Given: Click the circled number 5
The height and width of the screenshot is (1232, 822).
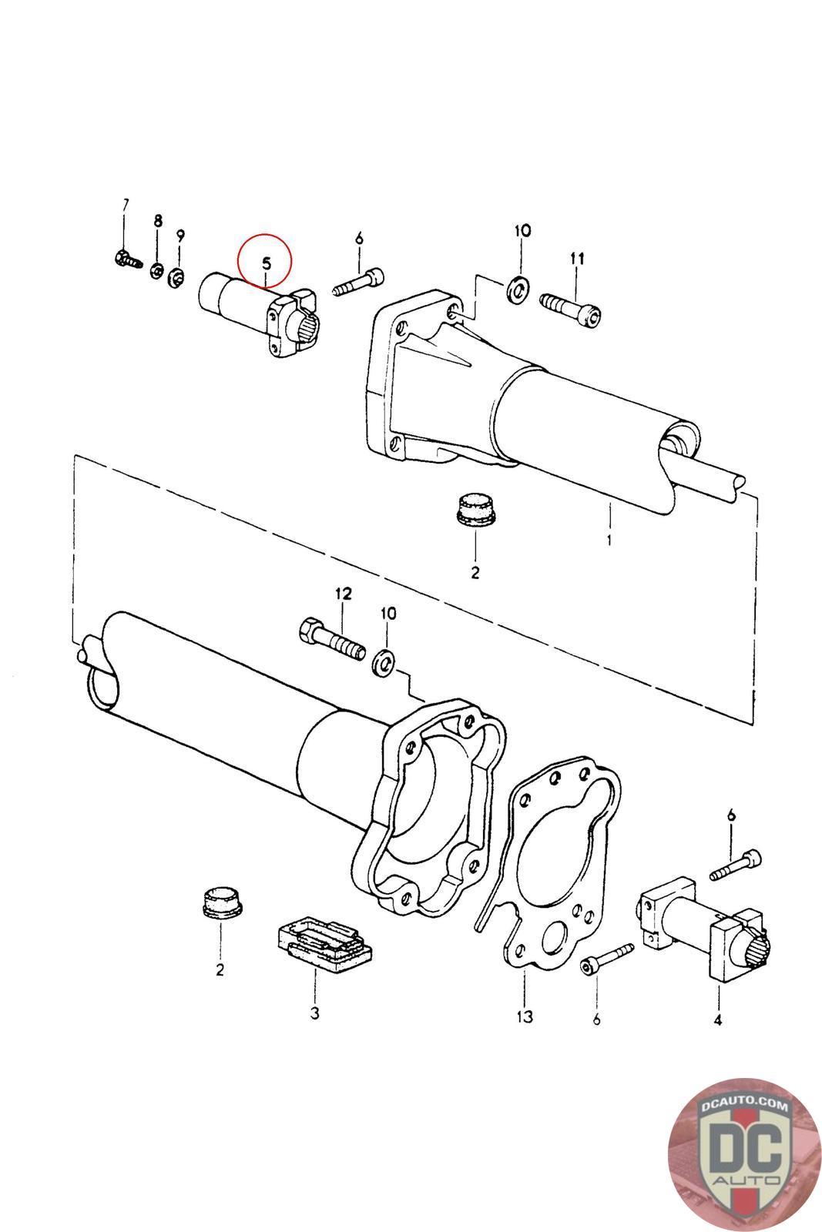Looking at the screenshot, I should [266, 263].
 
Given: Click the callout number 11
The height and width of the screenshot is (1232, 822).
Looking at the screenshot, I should [578, 259].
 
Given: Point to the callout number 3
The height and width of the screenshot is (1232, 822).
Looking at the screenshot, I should [314, 1013].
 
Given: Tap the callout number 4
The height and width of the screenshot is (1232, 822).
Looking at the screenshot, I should [717, 1020].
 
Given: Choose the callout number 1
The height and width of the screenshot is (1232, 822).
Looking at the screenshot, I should [609, 540].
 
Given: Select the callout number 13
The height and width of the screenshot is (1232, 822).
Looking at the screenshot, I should [524, 1017].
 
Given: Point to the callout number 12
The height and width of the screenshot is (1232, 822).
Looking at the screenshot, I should [343, 594].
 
